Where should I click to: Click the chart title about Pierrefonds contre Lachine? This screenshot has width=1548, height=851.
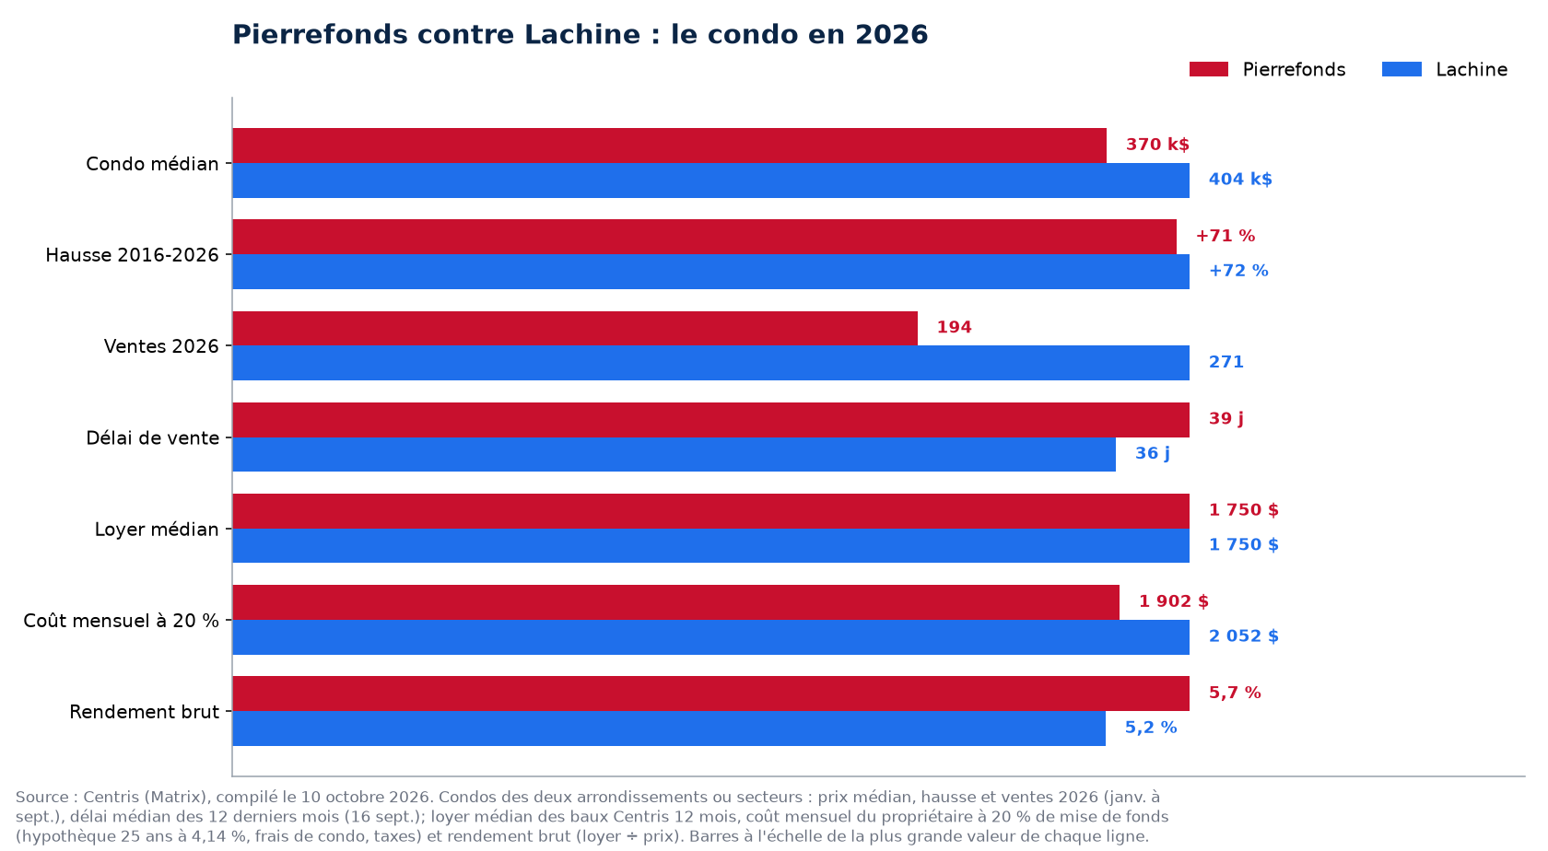point(580,35)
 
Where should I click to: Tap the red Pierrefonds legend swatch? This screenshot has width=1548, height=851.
point(1209,69)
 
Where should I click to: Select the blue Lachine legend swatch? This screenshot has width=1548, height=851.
point(1401,69)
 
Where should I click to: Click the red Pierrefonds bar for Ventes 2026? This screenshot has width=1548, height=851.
point(575,328)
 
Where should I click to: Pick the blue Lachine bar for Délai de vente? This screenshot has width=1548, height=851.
point(674,455)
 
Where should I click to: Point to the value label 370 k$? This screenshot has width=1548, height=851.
point(1157,145)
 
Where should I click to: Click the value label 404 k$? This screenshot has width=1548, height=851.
point(1240,180)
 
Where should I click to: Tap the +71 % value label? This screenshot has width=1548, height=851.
point(1225,236)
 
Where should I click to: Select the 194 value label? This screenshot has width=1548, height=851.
point(955,328)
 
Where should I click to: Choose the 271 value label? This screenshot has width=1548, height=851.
point(1225,362)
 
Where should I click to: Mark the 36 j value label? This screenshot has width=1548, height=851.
point(1153,454)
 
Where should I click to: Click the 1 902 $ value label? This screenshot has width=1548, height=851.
point(1174,601)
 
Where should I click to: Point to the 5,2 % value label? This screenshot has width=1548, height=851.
point(1151,728)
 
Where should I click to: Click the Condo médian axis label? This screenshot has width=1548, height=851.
point(152,164)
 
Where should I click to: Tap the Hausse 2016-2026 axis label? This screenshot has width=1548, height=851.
point(132,255)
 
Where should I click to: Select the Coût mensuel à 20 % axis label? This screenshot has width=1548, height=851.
point(121,621)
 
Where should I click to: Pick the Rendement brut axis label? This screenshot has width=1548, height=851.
point(145,711)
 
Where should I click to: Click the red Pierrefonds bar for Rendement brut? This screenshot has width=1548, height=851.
point(711,694)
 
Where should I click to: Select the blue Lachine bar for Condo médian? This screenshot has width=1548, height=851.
point(711,181)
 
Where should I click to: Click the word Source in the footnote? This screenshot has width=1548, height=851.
point(41,798)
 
